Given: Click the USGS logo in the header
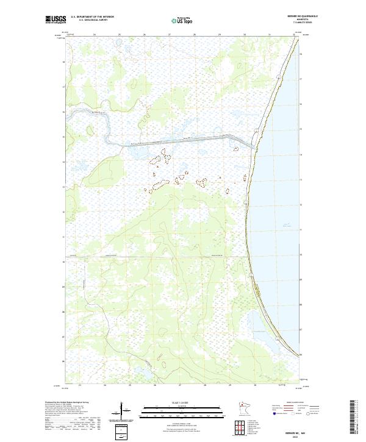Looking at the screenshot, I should coord(56,20).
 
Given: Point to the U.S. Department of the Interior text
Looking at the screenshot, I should coord(92,16).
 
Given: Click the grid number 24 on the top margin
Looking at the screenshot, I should coord(94,35).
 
